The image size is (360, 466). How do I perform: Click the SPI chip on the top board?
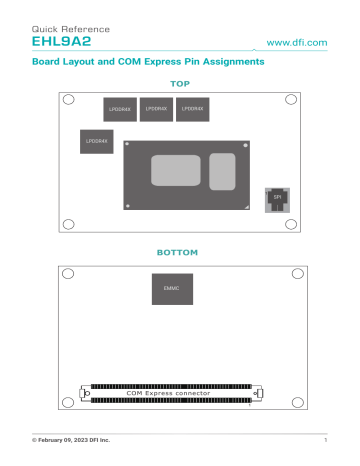(x=277, y=198)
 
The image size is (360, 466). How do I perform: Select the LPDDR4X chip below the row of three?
(x=95, y=144)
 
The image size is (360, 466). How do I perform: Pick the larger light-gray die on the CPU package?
(x=176, y=170)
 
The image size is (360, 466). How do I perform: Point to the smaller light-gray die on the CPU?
(x=222, y=171)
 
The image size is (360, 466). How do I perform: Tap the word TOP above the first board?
(x=180, y=84)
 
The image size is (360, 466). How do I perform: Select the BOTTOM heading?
(x=180, y=252)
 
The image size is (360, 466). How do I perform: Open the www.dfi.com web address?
(x=298, y=43)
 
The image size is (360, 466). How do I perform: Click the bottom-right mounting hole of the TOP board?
(x=291, y=224)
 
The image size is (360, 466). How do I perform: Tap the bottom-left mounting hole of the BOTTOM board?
(x=68, y=401)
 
